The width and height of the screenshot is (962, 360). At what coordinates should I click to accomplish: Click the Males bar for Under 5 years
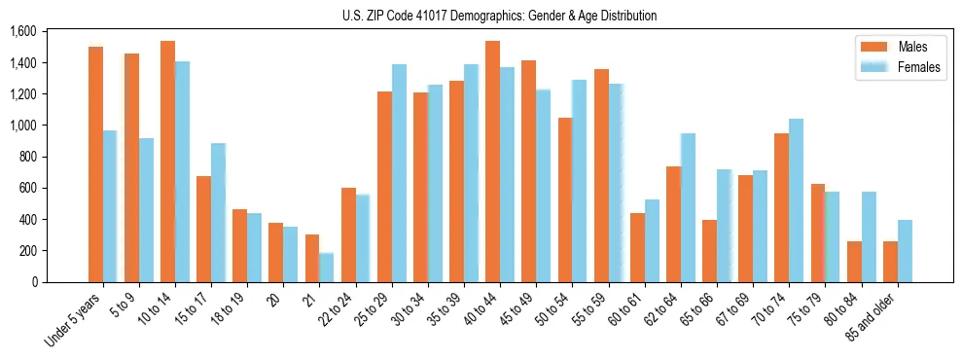pyautogui.click(x=95, y=164)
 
